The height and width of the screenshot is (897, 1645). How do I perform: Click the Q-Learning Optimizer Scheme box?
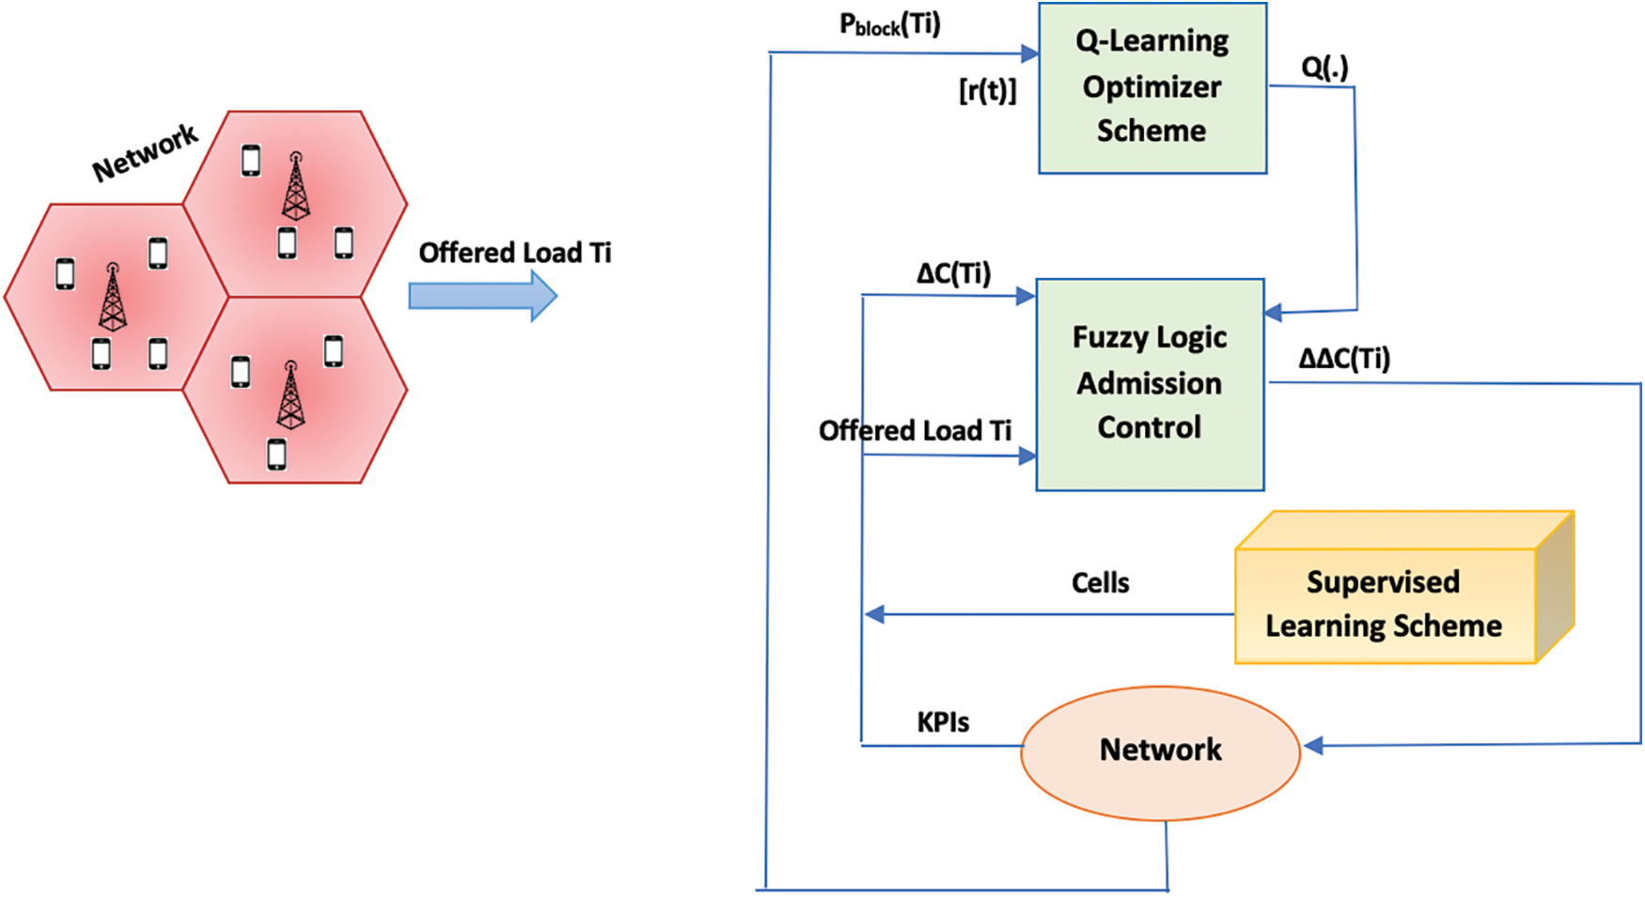pyautogui.click(x=1151, y=87)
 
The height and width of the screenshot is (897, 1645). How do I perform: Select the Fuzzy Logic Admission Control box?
pyautogui.click(x=1149, y=383)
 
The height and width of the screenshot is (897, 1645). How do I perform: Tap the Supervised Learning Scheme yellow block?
pyautogui.click(x=1383, y=604)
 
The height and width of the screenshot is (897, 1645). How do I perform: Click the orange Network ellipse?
pyautogui.click(x=1160, y=750)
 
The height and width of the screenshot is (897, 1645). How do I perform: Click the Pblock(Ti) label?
pyautogui.click(x=889, y=24)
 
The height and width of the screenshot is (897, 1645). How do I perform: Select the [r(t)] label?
pyautogui.click(x=987, y=90)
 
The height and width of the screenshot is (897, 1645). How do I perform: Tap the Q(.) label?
pyautogui.click(x=1324, y=67)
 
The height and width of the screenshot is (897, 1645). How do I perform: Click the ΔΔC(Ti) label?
pyautogui.click(x=1343, y=358)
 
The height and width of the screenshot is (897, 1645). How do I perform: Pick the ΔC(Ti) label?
pyautogui.click(x=953, y=273)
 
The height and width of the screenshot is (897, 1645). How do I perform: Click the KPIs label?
pyautogui.click(x=943, y=722)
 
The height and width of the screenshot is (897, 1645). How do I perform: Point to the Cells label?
pyautogui.click(x=1100, y=583)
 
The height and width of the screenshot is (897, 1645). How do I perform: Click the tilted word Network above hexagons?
pyautogui.click(x=145, y=152)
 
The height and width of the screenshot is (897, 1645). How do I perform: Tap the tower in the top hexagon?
pyautogui.click(x=295, y=187)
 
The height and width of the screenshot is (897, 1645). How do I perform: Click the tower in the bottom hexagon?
pyautogui.click(x=290, y=395)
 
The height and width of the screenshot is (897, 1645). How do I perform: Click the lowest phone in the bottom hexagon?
pyautogui.click(x=276, y=454)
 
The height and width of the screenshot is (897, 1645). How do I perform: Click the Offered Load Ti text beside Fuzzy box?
pyautogui.click(x=914, y=431)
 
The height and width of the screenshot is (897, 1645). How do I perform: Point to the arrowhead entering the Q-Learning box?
pyautogui.click(x=1029, y=54)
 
